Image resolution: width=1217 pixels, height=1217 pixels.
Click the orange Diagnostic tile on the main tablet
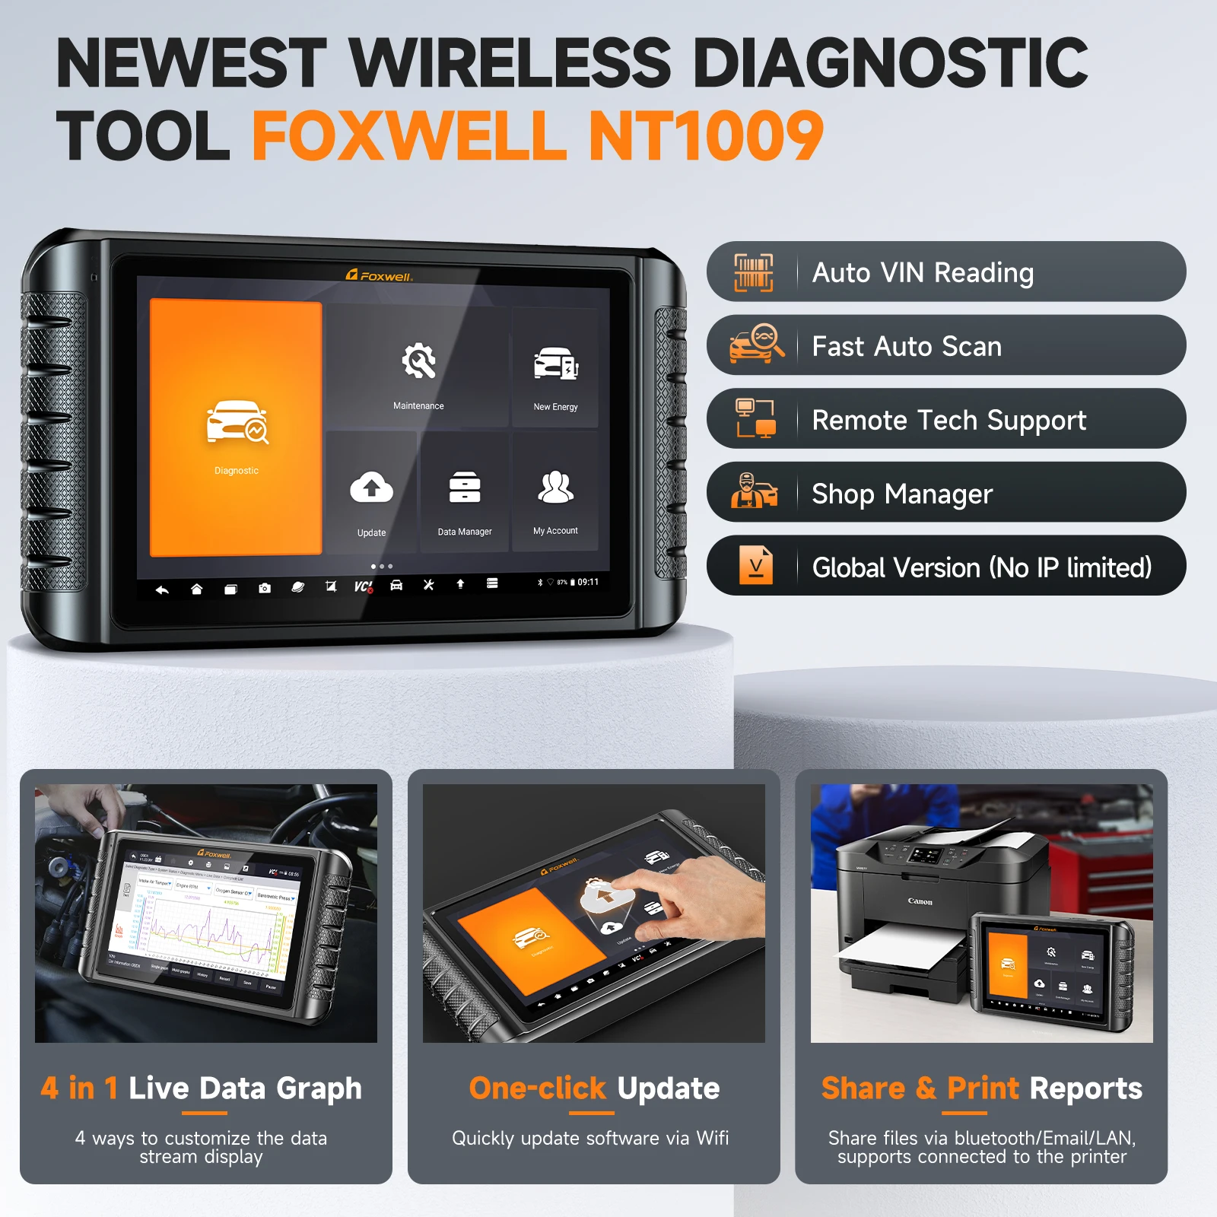[x=236, y=427]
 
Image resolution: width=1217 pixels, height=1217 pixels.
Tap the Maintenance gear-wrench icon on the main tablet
[x=418, y=361]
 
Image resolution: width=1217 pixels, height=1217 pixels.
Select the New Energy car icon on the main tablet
[x=556, y=364]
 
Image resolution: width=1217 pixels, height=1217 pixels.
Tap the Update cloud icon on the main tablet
[x=371, y=488]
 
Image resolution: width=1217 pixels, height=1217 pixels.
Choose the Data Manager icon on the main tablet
[x=465, y=488]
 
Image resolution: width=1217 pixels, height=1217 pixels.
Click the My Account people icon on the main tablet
[x=556, y=488]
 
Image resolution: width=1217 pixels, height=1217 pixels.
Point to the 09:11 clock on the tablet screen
[x=588, y=582]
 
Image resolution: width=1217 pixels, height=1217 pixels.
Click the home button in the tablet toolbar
[x=196, y=589]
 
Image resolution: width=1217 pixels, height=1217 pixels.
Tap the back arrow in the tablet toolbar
[x=162, y=589]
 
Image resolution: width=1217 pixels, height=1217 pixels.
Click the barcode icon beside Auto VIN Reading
[x=753, y=272]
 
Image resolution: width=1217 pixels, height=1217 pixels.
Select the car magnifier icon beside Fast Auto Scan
[x=756, y=345]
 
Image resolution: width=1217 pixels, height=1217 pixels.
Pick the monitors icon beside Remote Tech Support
[x=755, y=418]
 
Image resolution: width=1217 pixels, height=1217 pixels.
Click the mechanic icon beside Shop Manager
[x=754, y=491]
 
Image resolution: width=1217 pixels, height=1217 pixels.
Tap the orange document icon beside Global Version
[x=756, y=566]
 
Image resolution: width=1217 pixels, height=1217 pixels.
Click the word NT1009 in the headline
[x=707, y=135]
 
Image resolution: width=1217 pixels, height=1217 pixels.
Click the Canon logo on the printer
[x=920, y=901]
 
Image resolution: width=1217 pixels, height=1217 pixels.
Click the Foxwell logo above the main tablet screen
[x=380, y=275]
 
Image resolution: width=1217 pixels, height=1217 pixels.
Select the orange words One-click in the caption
[x=537, y=1088]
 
